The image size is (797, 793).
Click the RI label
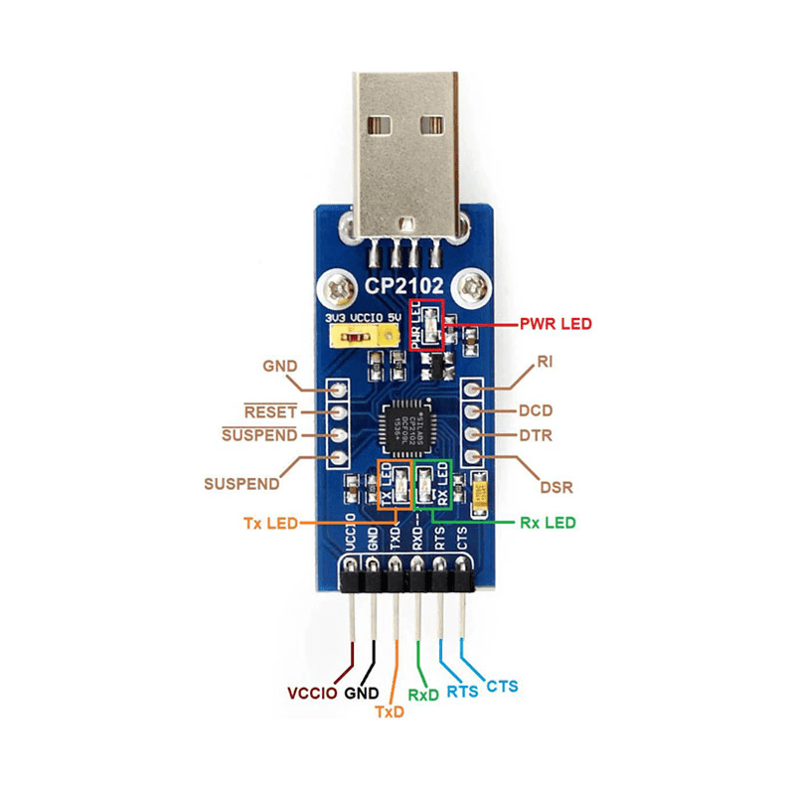pos(544,363)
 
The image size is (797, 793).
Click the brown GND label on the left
pos(280,366)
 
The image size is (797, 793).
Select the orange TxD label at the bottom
pos(390,712)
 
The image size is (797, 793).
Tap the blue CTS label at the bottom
pos(501,686)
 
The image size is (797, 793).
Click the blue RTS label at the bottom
pos(462,692)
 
